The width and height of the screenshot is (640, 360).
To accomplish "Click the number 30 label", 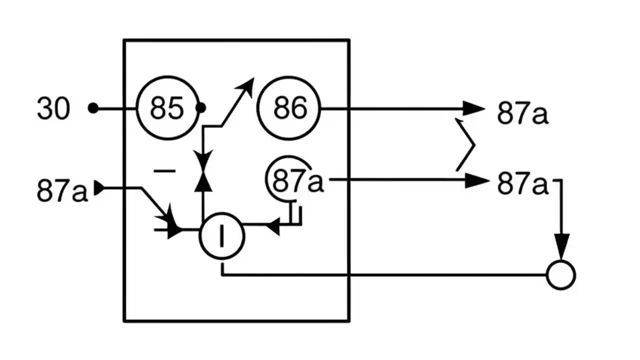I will (x=53, y=108).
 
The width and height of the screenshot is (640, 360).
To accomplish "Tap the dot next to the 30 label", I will (x=93, y=108).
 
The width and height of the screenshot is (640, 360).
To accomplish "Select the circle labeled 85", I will (x=167, y=108).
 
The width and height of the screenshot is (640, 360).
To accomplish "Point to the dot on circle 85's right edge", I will (x=200, y=108).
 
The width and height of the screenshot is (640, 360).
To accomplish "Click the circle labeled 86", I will (x=289, y=108).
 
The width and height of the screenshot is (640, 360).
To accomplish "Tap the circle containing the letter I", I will (x=222, y=236).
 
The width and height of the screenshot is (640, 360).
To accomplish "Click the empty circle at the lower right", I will (x=561, y=275).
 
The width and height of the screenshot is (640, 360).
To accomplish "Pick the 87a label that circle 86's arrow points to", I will (x=522, y=113).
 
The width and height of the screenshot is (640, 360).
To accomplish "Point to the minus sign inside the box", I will (x=164, y=171).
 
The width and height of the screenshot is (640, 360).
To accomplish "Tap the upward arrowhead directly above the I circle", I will (x=202, y=183).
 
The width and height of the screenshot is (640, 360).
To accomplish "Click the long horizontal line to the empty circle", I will (x=385, y=275).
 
